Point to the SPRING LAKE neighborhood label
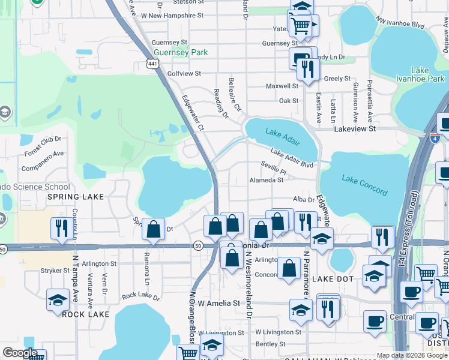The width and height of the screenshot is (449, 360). point(76,196)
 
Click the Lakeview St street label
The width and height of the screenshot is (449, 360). point(355,128)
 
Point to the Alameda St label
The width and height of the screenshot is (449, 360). point(267,179)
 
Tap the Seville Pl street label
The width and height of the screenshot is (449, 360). point(274,168)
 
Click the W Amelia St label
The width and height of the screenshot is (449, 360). point(219,304)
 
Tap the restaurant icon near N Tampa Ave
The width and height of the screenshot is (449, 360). point(61,229)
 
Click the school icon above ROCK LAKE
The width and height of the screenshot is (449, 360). point(58,299)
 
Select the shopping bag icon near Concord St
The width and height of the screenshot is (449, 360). point(289,268)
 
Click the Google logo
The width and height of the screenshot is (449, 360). point(20,353)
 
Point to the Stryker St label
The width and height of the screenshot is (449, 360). point(55,271)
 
